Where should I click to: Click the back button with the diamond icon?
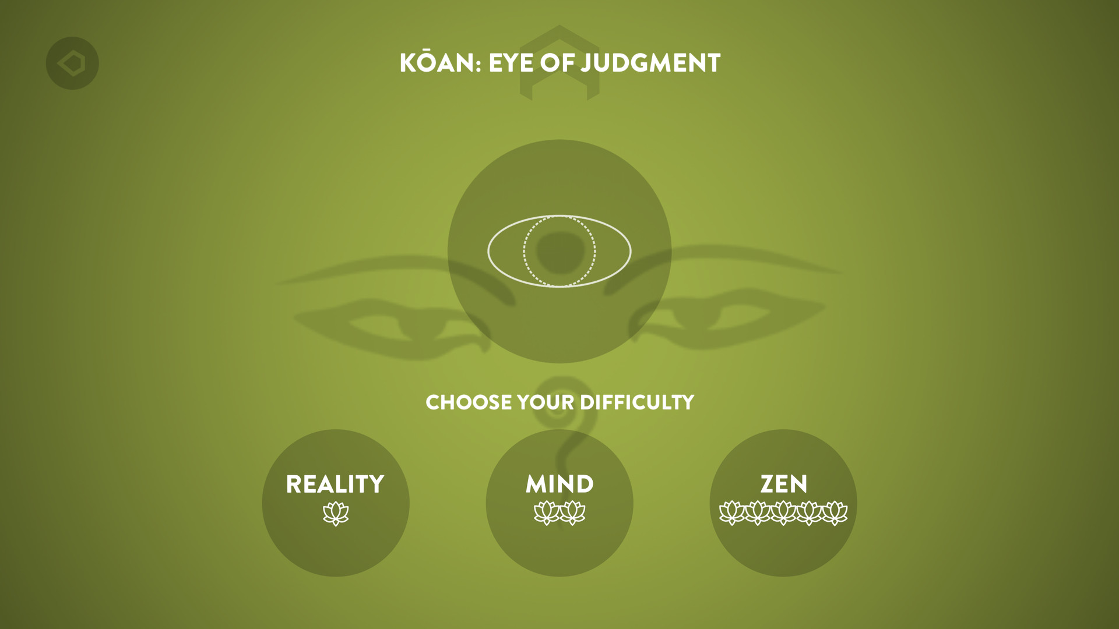[72, 63]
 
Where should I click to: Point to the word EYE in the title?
[511, 63]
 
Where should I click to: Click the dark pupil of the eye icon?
[560, 252]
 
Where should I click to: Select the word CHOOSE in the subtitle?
[469, 402]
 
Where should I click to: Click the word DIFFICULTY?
[637, 402]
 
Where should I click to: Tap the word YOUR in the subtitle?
[546, 402]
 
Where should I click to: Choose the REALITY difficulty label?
[335, 484]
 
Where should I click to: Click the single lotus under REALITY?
[336, 514]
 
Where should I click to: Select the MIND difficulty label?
[559, 484]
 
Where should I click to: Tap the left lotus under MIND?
[547, 513]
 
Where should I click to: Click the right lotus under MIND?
[573, 513]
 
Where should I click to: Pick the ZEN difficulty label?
[783, 484]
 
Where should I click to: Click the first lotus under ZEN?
[732, 513]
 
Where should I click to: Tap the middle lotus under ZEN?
[783, 513]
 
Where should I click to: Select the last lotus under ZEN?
[835, 513]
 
